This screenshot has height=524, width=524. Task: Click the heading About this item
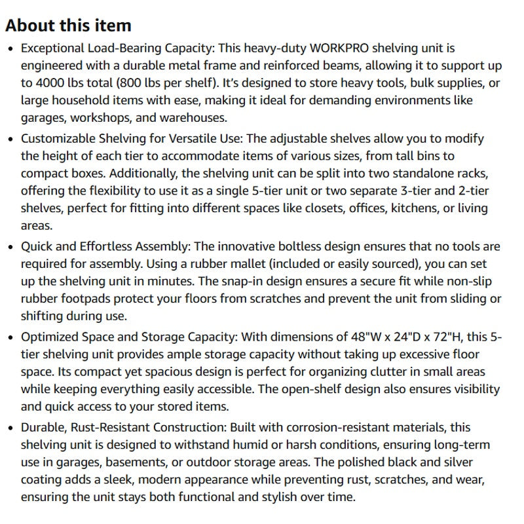pyautogui.click(x=68, y=26)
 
